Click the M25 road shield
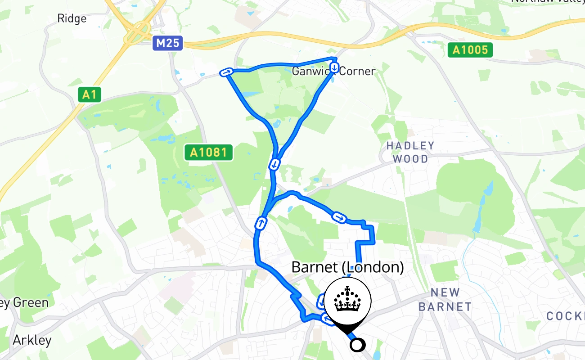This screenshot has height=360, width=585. pyautogui.click(x=167, y=43)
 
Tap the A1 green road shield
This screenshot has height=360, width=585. pyautogui.click(x=89, y=94)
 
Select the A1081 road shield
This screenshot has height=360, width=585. pyautogui.click(x=208, y=153)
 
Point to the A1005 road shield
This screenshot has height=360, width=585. pyautogui.click(x=470, y=49)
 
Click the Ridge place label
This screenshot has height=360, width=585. pyautogui.click(x=72, y=18)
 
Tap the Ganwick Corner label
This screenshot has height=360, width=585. pyautogui.click(x=333, y=71)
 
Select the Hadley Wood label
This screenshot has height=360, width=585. pyautogui.click(x=410, y=152)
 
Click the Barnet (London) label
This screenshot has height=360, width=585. pyautogui.click(x=347, y=267)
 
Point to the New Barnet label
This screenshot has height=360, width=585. pyautogui.click(x=445, y=300)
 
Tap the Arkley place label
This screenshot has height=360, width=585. pyautogui.click(x=32, y=340)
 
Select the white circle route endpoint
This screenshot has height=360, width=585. pyautogui.click(x=357, y=345)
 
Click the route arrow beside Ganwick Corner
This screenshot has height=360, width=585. pyautogui.click(x=334, y=67)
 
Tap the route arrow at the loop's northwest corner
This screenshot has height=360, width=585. pyautogui.click(x=226, y=72)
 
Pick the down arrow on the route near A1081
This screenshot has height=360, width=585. pyautogui.click(x=274, y=164)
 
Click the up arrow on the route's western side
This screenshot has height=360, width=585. pyautogui.click(x=261, y=222)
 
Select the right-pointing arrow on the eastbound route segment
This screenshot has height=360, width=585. pyautogui.click(x=339, y=218)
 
